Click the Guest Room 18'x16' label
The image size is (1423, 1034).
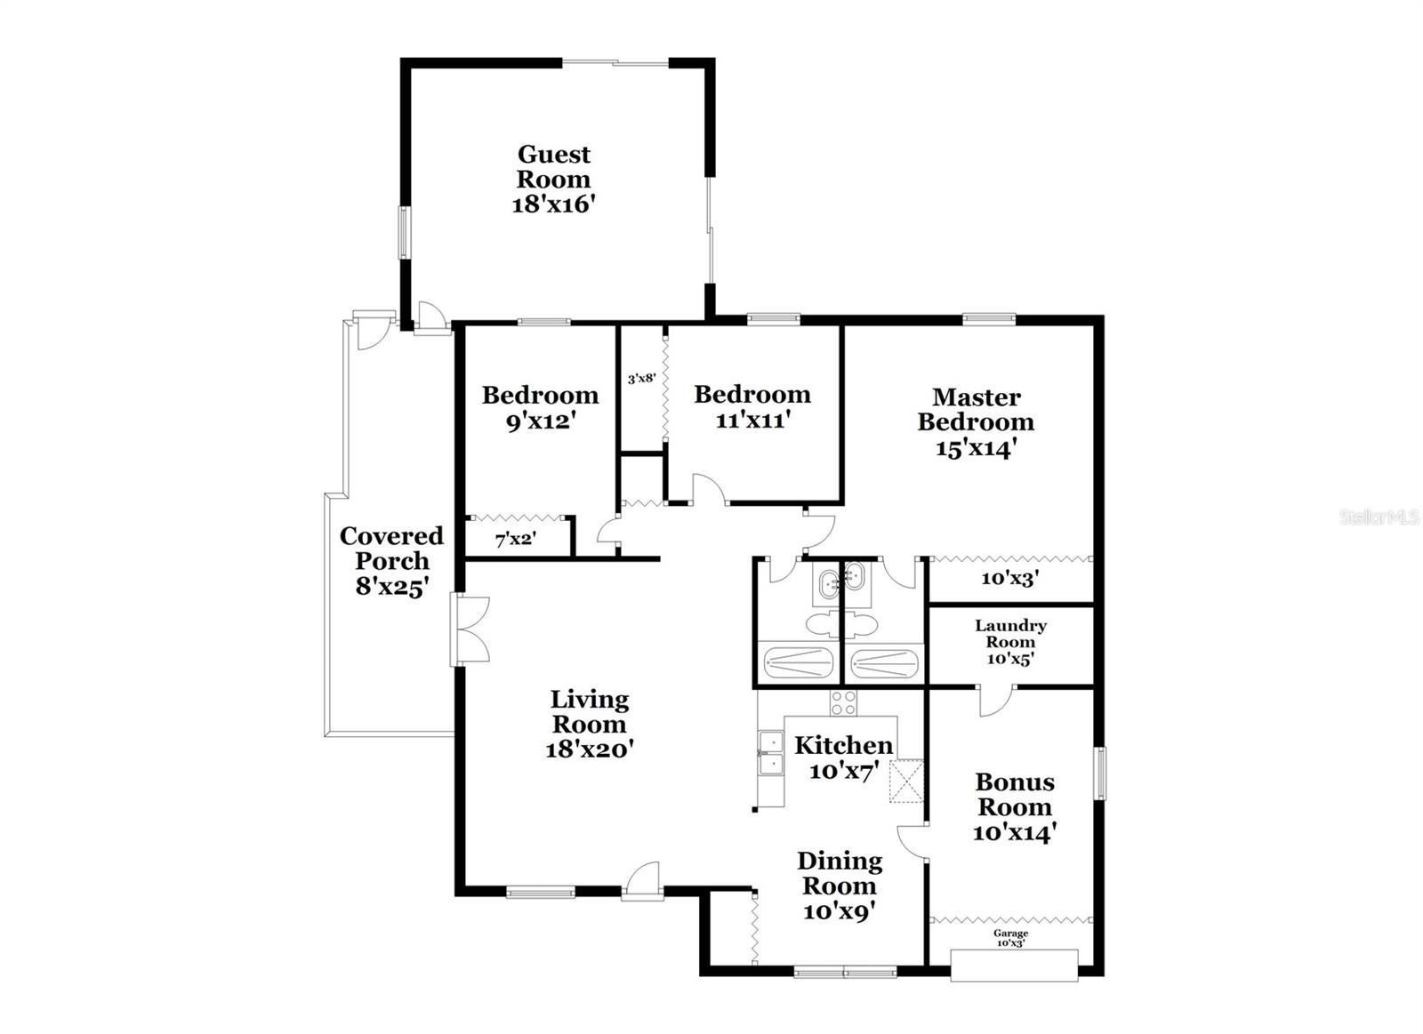coord(553,180)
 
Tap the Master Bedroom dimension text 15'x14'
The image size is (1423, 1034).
coord(976,449)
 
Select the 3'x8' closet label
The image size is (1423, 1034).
coord(641,379)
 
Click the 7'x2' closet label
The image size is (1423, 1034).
coord(515,539)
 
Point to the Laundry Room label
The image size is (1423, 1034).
coord(1010,642)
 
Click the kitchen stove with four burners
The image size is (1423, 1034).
coord(843,702)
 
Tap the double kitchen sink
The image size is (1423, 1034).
coord(770,755)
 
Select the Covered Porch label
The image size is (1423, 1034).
coord(391,561)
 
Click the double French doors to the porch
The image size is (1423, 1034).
coord(470,629)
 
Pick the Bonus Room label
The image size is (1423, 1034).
coord(1014,806)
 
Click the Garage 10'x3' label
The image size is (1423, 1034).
coord(1010,938)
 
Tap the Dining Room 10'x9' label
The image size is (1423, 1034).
coord(840,886)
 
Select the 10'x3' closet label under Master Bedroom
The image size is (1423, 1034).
coord(1009,578)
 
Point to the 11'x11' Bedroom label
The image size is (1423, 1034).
coord(752,406)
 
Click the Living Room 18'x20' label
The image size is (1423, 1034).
coord(589,724)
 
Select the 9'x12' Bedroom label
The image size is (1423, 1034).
coord(540,407)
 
